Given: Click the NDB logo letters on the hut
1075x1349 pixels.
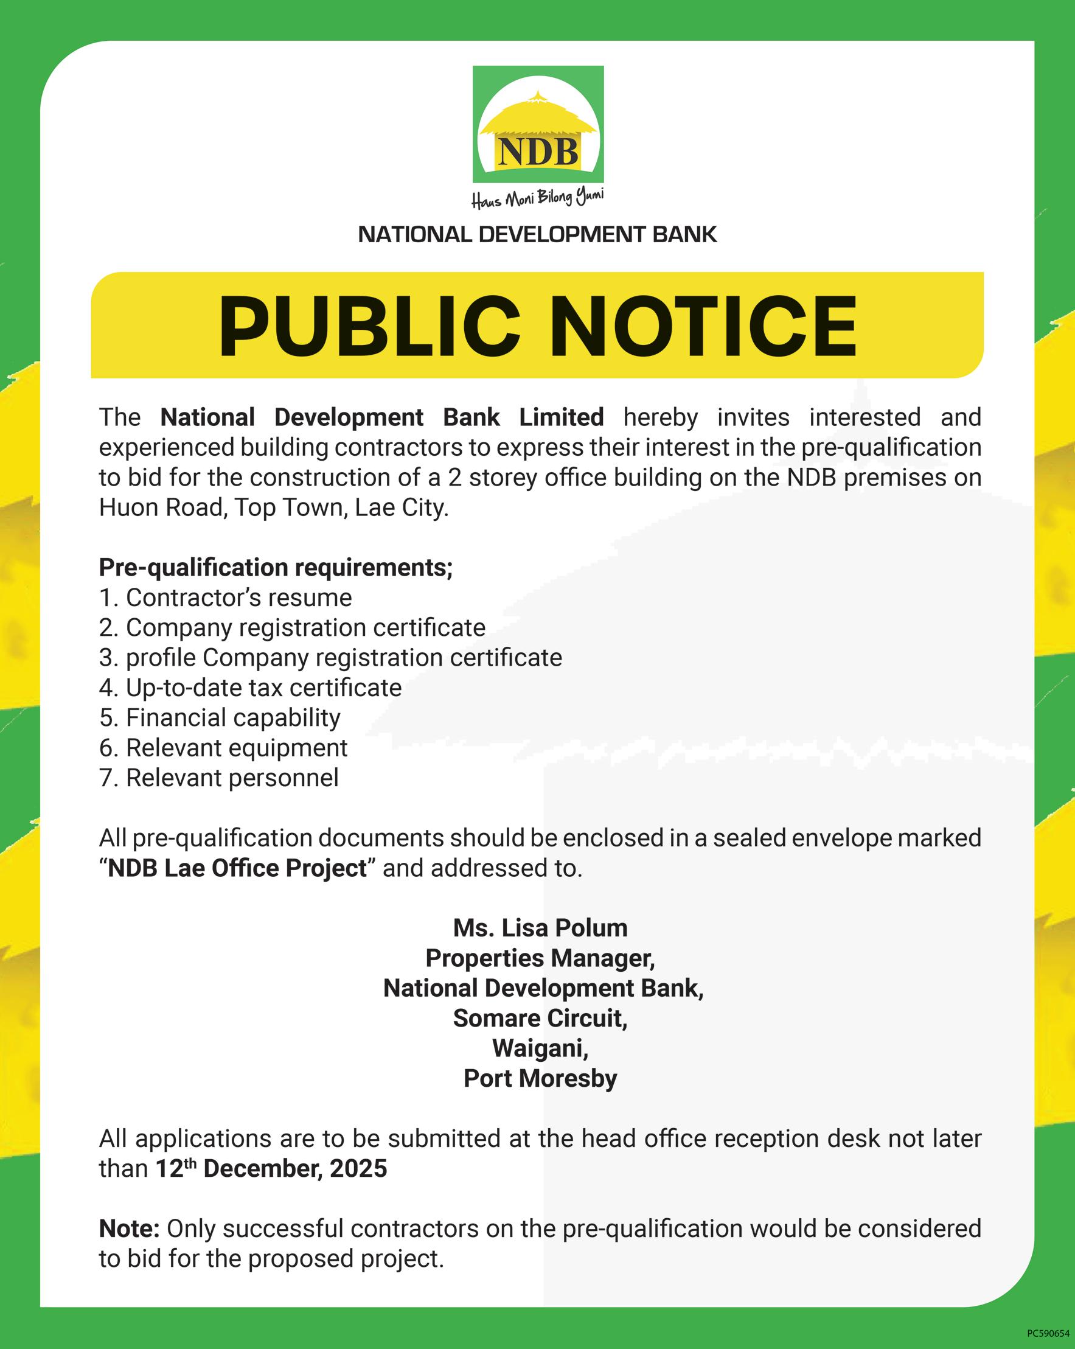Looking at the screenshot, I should (538, 152).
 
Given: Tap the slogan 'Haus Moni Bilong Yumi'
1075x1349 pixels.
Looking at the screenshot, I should (538, 198).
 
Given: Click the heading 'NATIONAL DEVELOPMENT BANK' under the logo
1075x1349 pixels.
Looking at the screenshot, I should (538, 235).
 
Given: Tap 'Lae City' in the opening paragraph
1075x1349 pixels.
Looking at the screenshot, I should (401, 507).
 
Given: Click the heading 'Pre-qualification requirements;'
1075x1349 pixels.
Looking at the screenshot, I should (276, 568).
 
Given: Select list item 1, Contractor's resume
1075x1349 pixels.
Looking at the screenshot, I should (226, 598).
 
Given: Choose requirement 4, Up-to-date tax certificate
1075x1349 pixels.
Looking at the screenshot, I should (250, 688).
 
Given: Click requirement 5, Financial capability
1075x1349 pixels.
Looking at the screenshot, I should (220, 717).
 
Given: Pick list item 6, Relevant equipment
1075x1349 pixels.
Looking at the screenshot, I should (223, 748).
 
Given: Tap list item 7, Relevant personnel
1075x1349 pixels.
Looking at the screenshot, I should (219, 778).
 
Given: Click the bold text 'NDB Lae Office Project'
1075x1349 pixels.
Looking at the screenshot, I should (237, 868).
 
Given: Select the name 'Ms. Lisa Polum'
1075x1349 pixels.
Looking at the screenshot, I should (540, 928).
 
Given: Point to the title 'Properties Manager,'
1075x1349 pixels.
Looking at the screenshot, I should (540, 958).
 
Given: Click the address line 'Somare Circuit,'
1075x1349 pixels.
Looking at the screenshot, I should (540, 1019).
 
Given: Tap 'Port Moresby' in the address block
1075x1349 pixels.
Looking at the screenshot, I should (540, 1078).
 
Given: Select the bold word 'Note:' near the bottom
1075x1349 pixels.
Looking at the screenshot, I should (130, 1229).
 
